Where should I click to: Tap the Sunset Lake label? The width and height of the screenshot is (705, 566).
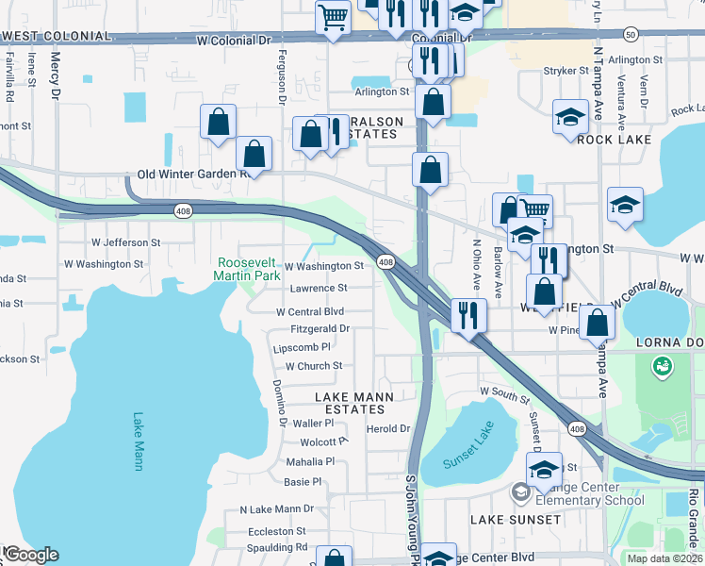[x=468, y=448]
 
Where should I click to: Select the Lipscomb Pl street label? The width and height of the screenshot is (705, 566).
[x=302, y=348]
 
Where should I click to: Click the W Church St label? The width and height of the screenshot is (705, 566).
[x=314, y=366]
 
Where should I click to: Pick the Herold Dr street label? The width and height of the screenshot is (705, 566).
[x=388, y=428]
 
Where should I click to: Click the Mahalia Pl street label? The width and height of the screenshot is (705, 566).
[x=310, y=461]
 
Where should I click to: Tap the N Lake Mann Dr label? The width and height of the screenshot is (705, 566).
[x=276, y=509]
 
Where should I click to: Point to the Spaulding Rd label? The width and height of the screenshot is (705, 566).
[x=276, y=547]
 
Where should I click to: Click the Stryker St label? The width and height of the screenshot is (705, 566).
[x=566, y=71]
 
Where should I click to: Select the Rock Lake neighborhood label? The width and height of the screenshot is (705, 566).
[x=601, y=140]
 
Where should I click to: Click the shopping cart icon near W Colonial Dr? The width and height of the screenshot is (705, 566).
[x=334, y=17]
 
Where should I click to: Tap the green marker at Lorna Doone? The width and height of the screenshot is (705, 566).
[x=663, y=363]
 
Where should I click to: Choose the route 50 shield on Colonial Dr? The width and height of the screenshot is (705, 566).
[x=630, y=34]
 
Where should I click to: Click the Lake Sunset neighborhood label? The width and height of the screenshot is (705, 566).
[x=516, y=520]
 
